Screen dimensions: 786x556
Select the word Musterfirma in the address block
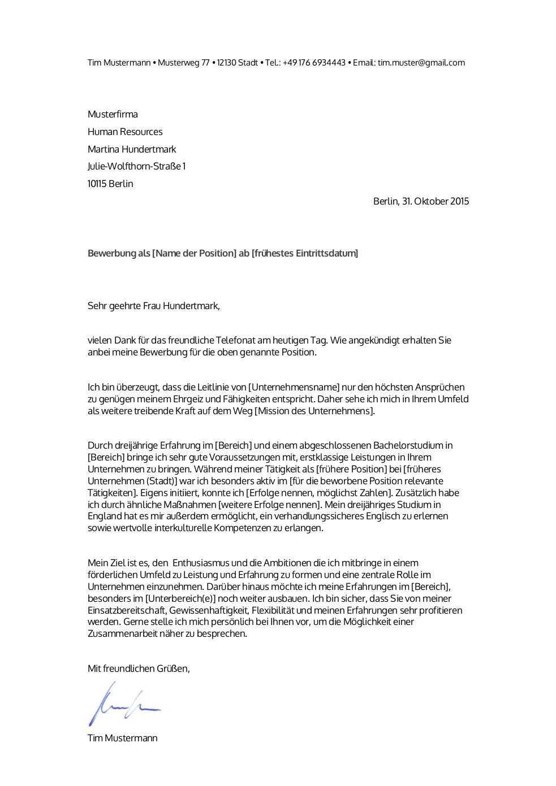point(113,115)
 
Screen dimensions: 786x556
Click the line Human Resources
point(125,132)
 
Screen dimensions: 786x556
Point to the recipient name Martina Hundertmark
point(132,150)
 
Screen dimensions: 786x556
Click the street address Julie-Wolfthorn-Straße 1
point(136,167)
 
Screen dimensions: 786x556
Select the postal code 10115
point(97,184)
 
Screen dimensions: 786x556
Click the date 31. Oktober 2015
point(436,202)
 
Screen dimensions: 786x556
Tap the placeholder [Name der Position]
point(193,254)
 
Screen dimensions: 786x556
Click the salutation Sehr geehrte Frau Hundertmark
point(153,307)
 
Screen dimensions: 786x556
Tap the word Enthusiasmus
point(201,563)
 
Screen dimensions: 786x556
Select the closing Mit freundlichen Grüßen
point(139,669)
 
